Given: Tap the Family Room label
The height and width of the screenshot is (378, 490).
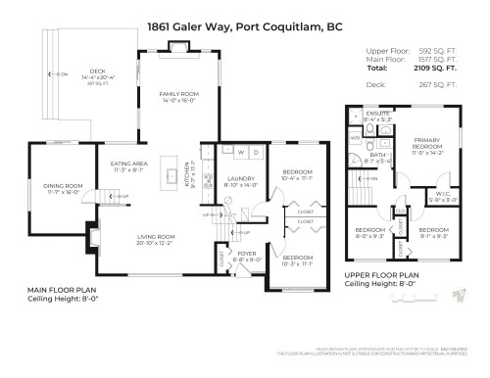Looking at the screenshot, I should point(179,96).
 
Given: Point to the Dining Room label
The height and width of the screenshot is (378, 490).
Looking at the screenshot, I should point(61,188).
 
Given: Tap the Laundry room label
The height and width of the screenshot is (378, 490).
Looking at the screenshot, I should point(241,181).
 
